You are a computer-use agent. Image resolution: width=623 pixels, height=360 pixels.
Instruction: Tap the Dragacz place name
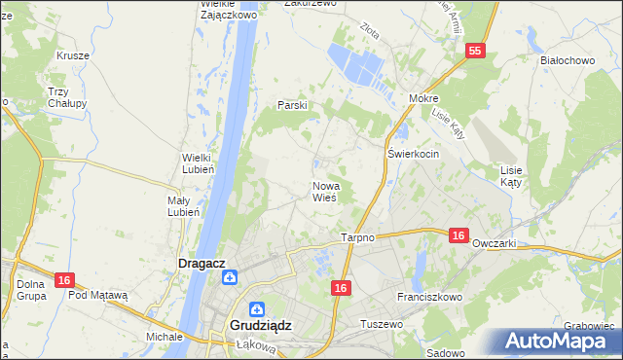[202, 263]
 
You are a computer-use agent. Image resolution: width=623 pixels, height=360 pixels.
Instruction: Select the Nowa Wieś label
[325, 191]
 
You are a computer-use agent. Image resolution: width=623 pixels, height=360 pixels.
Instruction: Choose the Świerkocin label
[414, 155]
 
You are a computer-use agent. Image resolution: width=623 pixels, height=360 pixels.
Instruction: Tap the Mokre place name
[424, 99]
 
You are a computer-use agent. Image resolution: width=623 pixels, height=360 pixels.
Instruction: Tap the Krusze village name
[73, 55]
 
